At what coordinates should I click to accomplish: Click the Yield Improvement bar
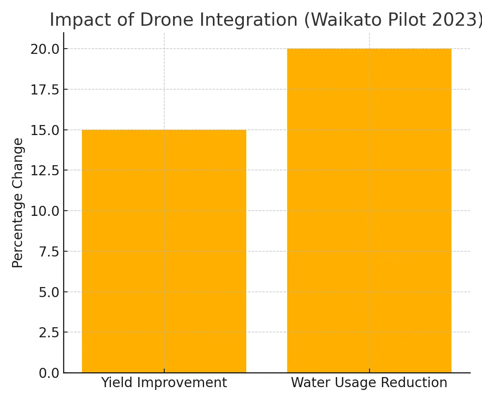(164, 251)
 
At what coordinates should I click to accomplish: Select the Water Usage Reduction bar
(369, 211)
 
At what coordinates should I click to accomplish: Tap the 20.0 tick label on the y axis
(44, 49)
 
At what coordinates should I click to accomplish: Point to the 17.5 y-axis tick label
(44, 90)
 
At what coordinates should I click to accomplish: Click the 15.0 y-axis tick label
(44, 130)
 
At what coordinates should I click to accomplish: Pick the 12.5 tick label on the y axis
(44, 170)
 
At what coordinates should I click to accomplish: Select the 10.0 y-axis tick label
(44, 211)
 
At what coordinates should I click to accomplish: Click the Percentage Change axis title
(18, 203)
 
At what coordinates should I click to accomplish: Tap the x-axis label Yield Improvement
(164, 383)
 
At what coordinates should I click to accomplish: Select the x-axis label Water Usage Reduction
(369, 383)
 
